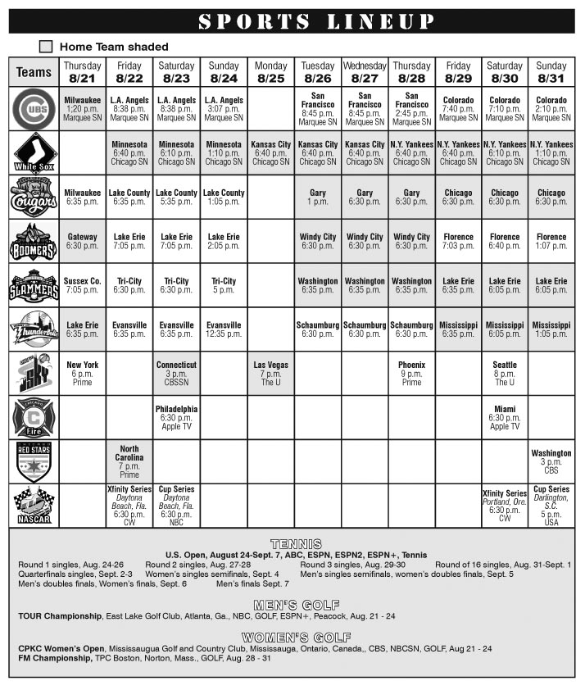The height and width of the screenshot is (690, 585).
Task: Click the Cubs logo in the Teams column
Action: (34, 108)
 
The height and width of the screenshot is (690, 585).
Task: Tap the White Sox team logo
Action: (34, 152)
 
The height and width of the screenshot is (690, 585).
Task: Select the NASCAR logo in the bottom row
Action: (34, 506)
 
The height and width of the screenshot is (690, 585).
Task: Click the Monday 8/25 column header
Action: (270, 72)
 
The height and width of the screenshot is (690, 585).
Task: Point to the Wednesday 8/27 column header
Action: (365, 72)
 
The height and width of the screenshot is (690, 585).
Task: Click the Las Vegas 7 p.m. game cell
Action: (270, 373)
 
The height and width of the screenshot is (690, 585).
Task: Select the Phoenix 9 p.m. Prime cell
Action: (411, 373)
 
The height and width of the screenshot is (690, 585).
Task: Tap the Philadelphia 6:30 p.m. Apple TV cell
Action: (176, 417)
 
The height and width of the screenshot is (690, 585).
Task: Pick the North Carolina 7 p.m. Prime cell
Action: (129, 461)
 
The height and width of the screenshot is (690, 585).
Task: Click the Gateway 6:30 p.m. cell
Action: (82, 241)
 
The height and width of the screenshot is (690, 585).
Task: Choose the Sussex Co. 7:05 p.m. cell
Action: (82, 285)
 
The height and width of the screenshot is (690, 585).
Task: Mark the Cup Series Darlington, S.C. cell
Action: (551, 506)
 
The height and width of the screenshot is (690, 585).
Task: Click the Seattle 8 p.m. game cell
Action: (505, 373)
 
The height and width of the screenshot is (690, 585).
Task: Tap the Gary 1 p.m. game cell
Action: (318, 197)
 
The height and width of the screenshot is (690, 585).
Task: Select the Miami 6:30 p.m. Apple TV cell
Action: (505, 417)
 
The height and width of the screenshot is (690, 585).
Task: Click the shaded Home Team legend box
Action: (46, 47)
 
